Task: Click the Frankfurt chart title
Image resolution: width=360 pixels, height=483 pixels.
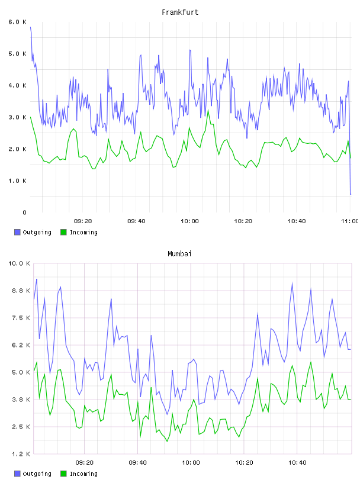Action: (180, 12)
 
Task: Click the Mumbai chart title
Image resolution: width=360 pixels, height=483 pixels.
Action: (179, 254)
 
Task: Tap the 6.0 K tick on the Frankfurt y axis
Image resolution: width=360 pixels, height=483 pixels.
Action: (18, 22)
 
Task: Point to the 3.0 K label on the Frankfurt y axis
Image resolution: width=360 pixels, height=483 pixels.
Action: (18, 117)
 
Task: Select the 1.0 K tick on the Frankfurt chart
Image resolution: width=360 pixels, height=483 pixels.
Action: (18, 181)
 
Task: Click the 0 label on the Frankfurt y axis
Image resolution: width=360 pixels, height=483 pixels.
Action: (25, 212)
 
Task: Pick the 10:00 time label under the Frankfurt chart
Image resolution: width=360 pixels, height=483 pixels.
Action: (189, 221)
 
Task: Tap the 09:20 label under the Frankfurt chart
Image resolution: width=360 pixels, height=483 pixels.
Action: (83, 221)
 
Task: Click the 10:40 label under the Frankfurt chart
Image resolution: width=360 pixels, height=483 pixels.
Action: (297, 221)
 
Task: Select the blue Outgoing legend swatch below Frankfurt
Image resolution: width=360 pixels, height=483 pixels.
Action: (17, 232)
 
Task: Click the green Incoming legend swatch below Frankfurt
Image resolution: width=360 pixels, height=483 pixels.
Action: (63, 232)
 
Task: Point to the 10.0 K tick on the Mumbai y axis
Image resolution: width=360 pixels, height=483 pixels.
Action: (19, 263)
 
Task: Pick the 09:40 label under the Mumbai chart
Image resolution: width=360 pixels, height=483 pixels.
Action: (137, 462)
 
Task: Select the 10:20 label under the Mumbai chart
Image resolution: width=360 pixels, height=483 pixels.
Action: (244, 462)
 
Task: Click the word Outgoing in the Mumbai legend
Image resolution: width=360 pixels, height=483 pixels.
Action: (37, 474)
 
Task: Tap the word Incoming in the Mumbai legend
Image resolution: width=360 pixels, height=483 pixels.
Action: (83, 474)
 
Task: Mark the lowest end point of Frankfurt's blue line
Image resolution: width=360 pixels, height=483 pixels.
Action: (351, 194)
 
